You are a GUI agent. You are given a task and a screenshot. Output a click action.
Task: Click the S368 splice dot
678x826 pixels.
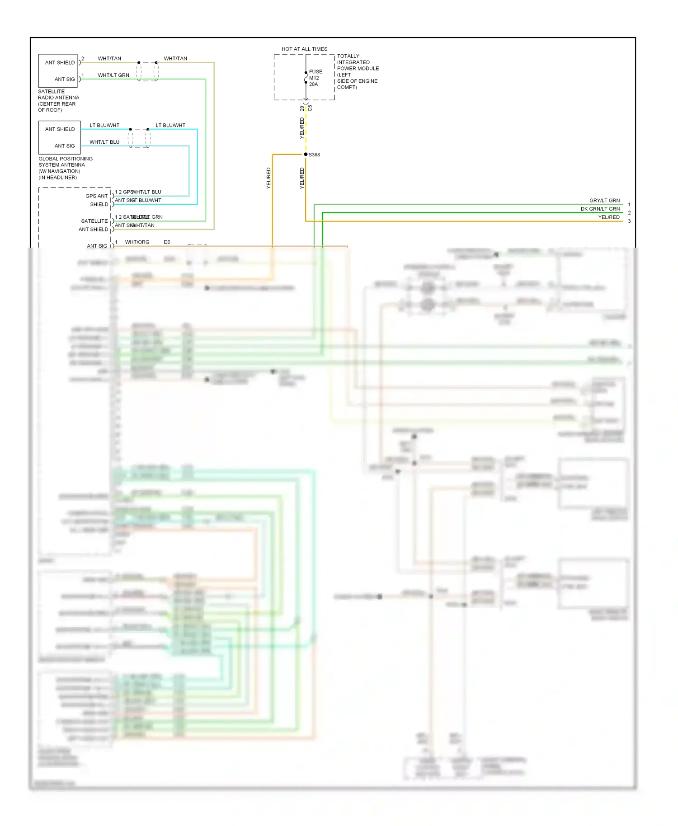click(306, 155)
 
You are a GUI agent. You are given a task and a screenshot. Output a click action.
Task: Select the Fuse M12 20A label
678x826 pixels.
click(315, 78)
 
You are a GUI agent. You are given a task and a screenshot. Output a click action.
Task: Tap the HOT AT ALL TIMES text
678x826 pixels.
click(304, 49)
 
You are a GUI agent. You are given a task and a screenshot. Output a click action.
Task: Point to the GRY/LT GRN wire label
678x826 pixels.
click(604, 200)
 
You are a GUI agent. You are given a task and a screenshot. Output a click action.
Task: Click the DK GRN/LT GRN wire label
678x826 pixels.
click(600, 209)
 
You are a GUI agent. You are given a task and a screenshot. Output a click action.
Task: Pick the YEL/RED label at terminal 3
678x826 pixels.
click(609, 217)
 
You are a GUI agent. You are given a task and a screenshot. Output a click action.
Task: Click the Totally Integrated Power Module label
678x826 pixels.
click(358, 71)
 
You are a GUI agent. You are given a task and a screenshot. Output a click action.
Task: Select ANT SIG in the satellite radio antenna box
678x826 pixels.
click(65, 79)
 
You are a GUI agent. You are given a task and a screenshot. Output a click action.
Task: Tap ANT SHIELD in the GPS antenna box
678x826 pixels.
click(60, 129)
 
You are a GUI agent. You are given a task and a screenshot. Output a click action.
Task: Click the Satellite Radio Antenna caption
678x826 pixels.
click(58, 100)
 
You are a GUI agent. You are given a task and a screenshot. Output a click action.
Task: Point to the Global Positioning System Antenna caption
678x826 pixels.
click(65, 168)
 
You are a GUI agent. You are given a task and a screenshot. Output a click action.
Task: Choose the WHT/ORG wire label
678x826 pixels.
click(137, 242)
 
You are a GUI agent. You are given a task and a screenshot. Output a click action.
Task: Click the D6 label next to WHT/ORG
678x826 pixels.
click(167, 242)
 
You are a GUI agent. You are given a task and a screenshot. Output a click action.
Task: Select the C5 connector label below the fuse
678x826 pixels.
click(310, 108)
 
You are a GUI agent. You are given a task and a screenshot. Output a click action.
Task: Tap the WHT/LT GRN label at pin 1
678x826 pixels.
click(113, 75)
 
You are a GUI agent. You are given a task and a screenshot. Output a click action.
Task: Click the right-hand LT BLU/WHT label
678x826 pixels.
click(170, 125)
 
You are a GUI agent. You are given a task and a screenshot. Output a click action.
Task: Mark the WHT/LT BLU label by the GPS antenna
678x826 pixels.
click(104, 142)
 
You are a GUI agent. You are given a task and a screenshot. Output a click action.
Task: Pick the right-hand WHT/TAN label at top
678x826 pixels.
click(175, 58)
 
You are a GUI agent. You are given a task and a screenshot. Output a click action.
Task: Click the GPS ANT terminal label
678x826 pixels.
click(96, 196)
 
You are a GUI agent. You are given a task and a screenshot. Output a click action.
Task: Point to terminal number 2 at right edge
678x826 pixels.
click(629, 213)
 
